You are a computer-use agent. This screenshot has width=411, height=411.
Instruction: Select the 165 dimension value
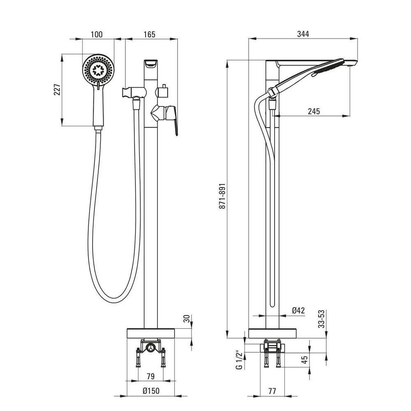coord(150,35)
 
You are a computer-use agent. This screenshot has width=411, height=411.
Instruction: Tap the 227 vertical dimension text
coord(57,90)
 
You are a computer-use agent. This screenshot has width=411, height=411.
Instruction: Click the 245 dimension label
coord(314,111)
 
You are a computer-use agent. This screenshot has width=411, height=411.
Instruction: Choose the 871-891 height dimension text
coord(222,196)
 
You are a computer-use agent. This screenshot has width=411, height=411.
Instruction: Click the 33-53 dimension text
coord(322,319)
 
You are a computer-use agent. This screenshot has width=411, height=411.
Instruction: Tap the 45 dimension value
coord(305,360)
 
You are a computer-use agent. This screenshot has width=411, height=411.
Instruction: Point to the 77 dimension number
coord(272,390)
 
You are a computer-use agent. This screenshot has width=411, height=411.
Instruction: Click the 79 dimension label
coord(151,376)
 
